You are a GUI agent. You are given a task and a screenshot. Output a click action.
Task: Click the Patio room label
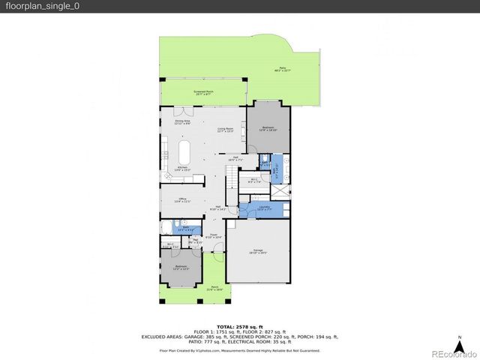283,69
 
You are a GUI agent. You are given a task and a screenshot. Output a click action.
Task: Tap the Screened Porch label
204,94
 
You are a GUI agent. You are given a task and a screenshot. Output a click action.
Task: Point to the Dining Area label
182,122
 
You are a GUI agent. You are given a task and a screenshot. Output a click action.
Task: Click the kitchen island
184,154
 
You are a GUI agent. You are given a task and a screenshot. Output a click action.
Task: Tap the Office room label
183,200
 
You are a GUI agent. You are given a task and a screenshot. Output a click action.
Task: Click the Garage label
257,251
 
